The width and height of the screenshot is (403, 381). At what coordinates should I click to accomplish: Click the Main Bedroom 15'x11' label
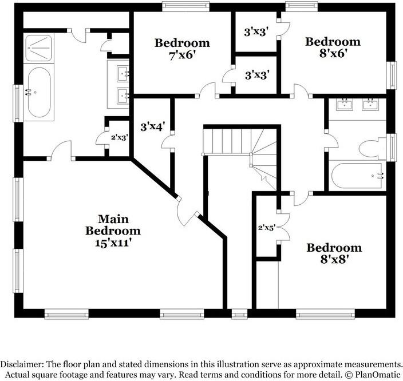(x=113, y=231)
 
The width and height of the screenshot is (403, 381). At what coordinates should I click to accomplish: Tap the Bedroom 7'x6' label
(x=182, y=49)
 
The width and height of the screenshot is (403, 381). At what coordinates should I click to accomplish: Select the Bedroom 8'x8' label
(x=334, y=253)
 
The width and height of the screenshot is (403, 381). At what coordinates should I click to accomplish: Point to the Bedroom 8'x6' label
(x=333, y=47)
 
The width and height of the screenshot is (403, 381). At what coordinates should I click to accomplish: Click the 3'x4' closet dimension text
(x=153, y=126)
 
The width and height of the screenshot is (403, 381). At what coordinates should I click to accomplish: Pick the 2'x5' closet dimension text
(x=267, y=227)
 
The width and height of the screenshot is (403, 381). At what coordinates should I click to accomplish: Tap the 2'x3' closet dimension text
(x=120, y=137)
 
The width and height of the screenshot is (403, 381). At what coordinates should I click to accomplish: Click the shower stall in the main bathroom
(x=38, y=48)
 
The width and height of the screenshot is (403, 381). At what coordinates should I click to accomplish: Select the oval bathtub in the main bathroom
(x=39, y=92)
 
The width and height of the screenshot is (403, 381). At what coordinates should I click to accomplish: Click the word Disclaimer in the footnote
(x=21, y=364)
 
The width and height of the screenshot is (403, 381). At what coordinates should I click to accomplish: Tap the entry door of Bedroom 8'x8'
(x=301, y=199)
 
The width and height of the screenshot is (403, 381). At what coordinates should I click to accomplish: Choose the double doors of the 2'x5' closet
(x=283, y=227)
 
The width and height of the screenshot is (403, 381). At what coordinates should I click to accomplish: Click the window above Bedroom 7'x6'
(x=186, y=7)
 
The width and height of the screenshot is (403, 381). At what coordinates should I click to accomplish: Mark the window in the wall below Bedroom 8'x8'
(x=325, y=314)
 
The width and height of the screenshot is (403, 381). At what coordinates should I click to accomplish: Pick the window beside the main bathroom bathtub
(x=18, y=104)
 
